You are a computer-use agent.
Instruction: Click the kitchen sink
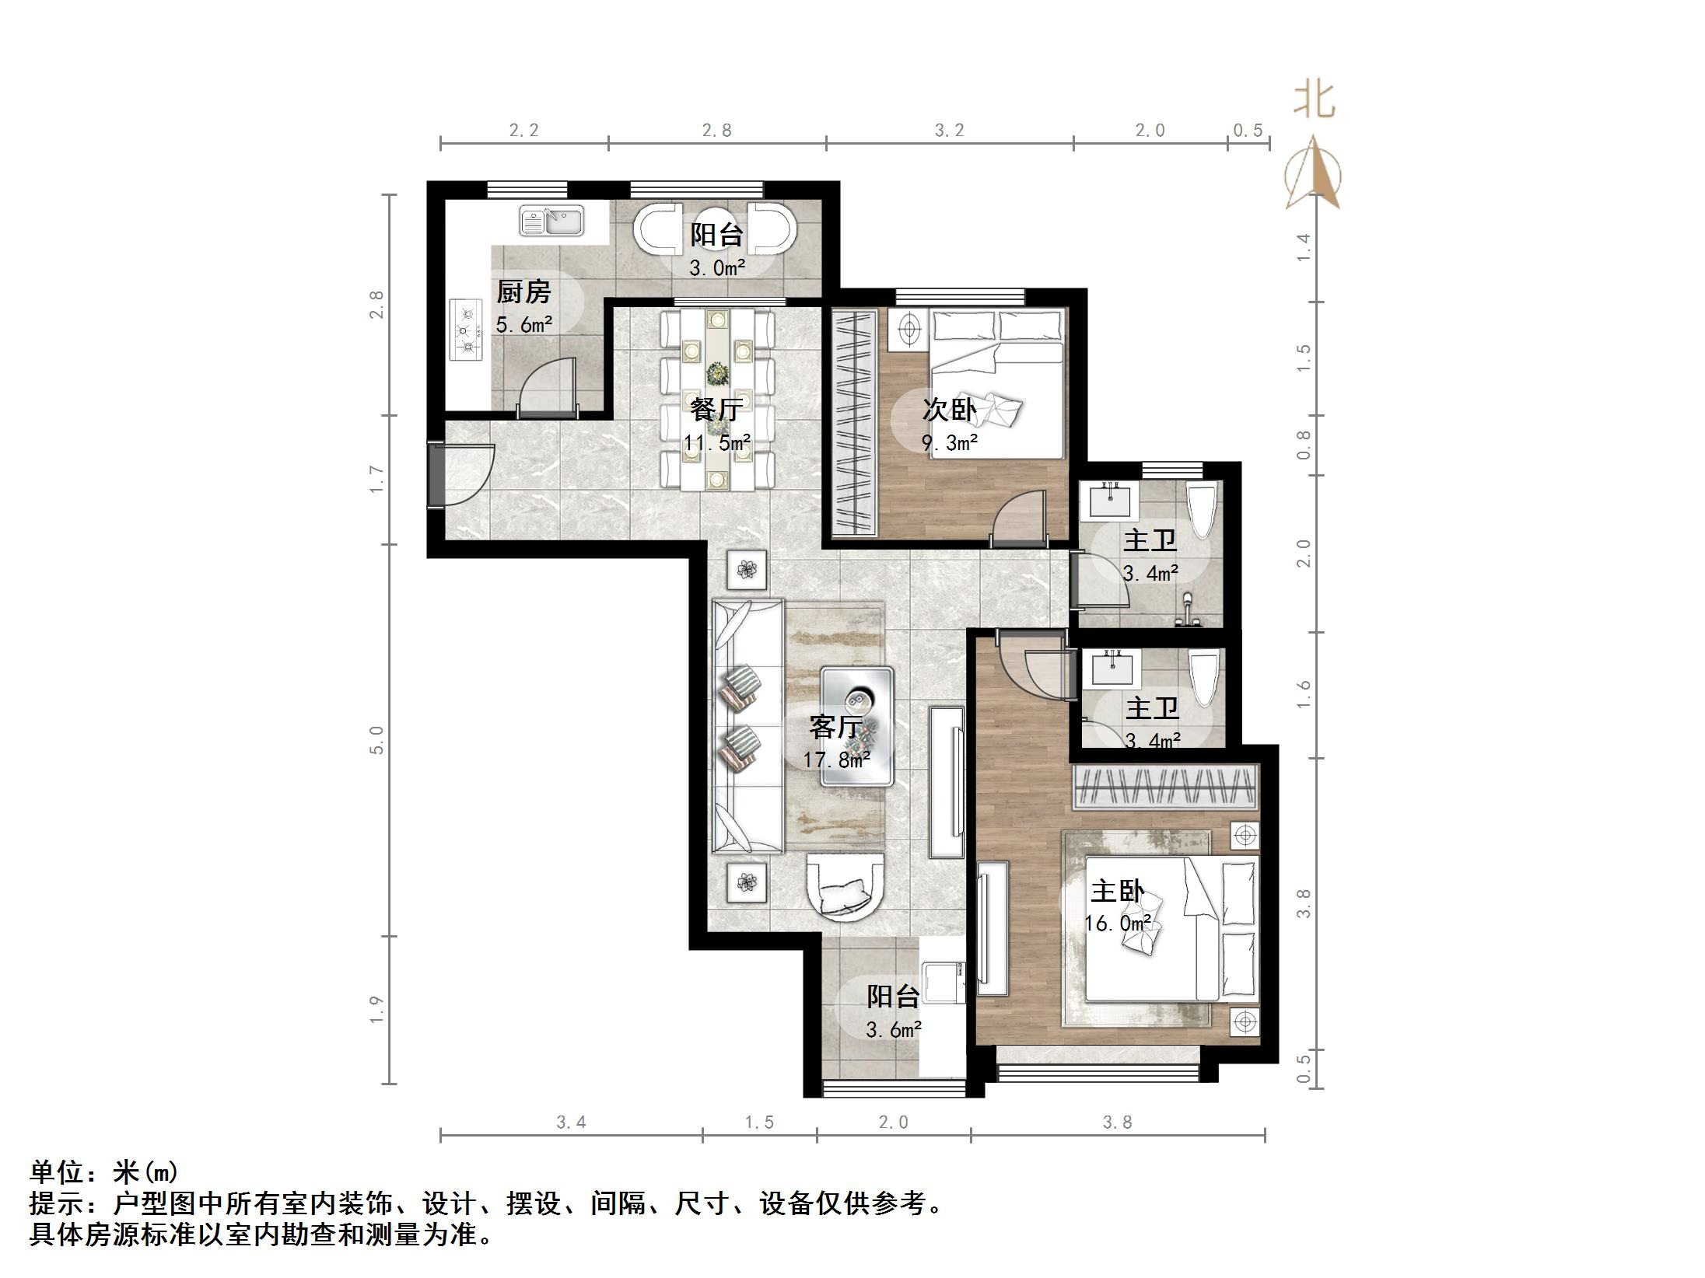point(551,221)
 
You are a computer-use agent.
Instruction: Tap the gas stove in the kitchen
point(467,330)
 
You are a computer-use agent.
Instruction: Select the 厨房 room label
point(523,292)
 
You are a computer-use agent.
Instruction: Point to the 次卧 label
point(948,410)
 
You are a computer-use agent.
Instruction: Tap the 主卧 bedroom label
point(1117,891)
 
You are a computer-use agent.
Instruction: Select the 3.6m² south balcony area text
point(893,1030)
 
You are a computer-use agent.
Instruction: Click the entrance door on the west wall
point(438,475)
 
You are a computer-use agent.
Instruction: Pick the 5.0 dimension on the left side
point(376,739)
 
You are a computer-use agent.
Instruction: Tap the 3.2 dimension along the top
point(949,131)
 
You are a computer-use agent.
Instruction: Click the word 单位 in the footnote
point(58,1171)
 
